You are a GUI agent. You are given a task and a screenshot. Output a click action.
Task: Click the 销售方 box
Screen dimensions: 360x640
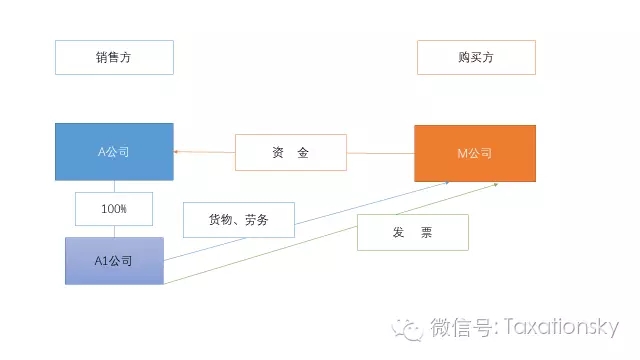tap(114, 57)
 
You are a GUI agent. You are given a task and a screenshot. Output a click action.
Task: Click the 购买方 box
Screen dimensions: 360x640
tap(476, 57)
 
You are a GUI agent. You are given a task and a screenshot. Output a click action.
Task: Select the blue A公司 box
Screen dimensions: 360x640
tap(114, 152)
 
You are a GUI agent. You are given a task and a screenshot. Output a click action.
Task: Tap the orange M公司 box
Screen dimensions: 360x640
tap(475, 152)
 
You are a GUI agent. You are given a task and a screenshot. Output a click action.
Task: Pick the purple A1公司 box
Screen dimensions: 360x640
tap(114, 260)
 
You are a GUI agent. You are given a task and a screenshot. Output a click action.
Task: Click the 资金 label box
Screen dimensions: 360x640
tap(290, 153)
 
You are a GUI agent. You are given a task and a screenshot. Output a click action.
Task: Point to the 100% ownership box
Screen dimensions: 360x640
tap(114, 209)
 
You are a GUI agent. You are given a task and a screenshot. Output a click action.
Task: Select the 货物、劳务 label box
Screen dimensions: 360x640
tap(238, 219)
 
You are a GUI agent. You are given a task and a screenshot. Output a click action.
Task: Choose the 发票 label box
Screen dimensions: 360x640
tap(412, 232)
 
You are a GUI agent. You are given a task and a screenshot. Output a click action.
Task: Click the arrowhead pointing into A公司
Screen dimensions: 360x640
tap(177, 152)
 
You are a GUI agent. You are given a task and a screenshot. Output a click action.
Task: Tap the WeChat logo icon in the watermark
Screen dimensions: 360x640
tap(408, 327)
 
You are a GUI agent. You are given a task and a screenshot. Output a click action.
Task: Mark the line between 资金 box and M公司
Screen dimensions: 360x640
tap(380, 153)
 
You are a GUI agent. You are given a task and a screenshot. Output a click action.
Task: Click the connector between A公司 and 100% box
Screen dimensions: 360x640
tap(114, 186)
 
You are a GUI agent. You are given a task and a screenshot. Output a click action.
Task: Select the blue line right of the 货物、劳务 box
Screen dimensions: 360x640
tap(370, 205)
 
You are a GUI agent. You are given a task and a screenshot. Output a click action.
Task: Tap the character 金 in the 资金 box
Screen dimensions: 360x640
tap(303, 153)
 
